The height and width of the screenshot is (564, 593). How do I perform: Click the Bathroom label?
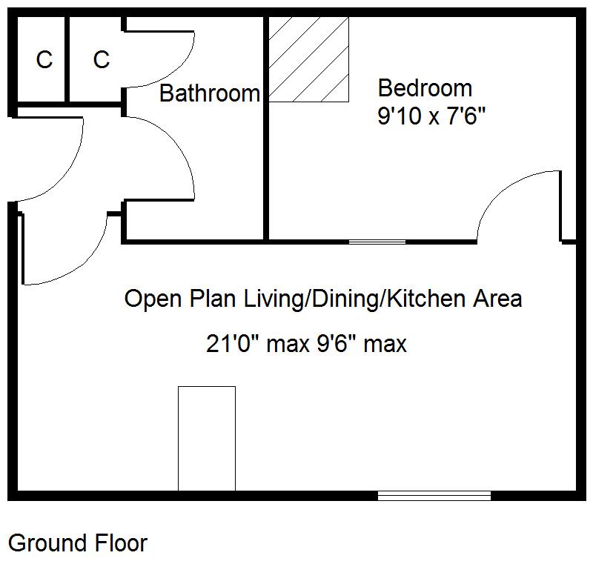click(210, 93)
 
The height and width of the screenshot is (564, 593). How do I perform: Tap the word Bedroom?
click(425, 87)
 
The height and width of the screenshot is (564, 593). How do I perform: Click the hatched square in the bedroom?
click(308, 59)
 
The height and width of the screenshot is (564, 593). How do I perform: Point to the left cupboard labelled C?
click(44, 60)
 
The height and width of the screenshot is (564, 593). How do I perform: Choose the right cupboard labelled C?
click(102, 59)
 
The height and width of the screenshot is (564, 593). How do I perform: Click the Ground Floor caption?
click(78, 543)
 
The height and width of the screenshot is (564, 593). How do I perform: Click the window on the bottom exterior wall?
click(434, 495)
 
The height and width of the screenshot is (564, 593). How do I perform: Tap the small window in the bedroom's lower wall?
click(377, 242)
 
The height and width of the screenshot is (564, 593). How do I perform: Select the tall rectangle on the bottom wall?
click(207, 438)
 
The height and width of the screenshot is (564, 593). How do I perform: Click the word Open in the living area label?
click(152, 299)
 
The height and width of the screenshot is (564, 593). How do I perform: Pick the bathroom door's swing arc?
click(178, 148)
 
